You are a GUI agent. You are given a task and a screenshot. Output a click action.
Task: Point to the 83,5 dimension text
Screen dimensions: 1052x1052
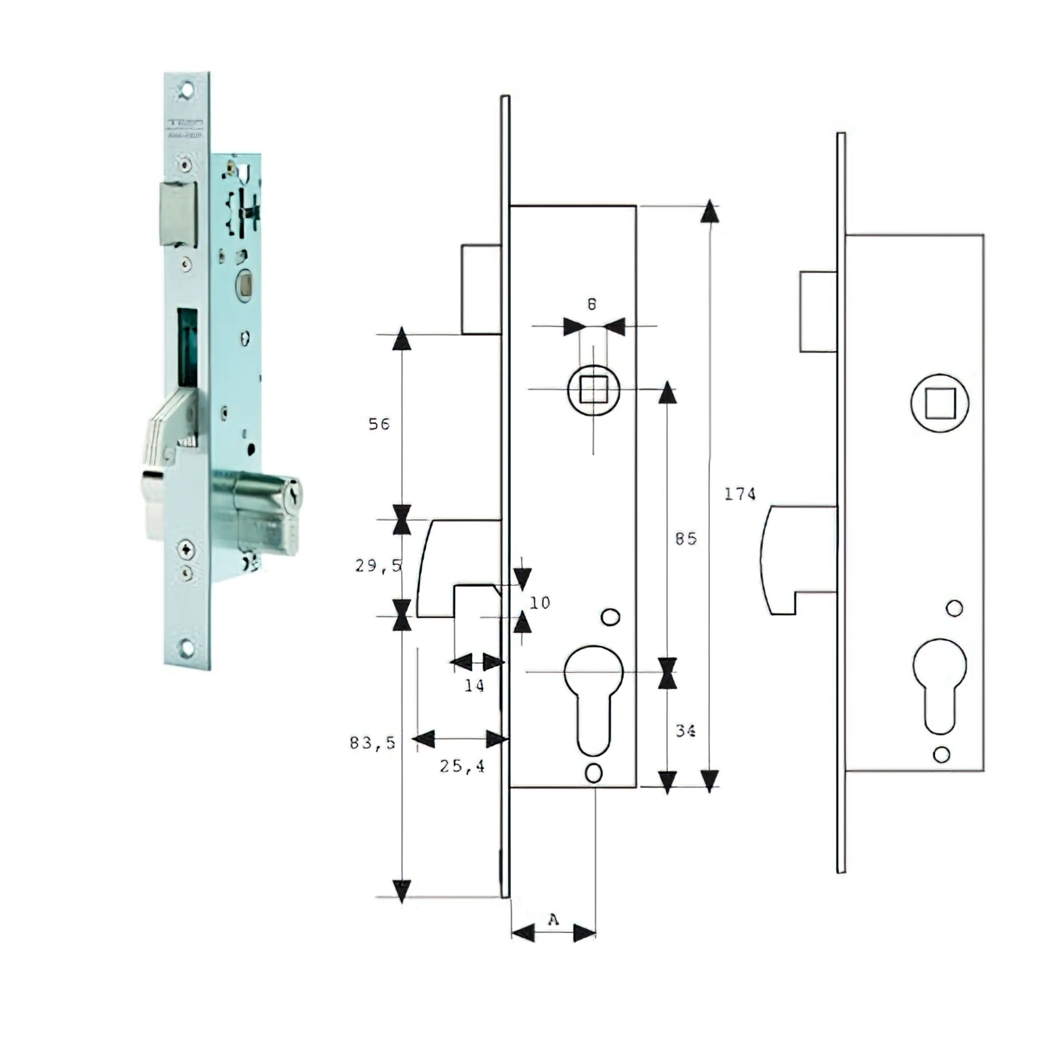373,743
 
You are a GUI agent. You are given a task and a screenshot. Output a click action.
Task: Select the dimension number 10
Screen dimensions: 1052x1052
540,603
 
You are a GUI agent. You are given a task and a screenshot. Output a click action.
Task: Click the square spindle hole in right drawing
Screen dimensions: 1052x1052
940,403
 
